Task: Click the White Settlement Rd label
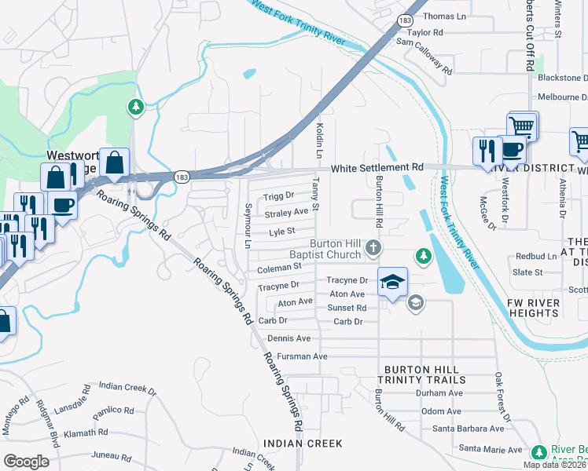(x=377, y=168)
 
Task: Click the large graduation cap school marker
(x=392, y=282)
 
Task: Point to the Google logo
(x=26, y=461)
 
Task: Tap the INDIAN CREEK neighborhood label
(x=303, y=444)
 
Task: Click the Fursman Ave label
(x=297, y=356)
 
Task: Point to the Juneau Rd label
(x=110, y=455)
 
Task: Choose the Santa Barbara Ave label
(x=469, y=429)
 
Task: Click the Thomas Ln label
(x=444, y=16)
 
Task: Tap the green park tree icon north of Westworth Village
(x=136, y=107)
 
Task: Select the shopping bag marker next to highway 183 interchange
(x=114, y=163)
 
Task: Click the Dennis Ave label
(x=288, y=338)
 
